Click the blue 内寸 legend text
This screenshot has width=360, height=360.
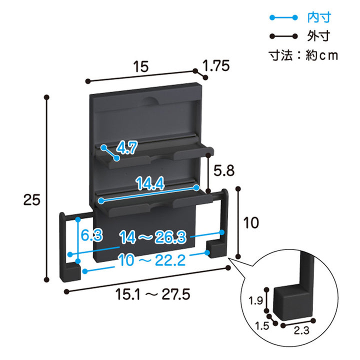point(319,17)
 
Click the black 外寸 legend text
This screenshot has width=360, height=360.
point(318,36)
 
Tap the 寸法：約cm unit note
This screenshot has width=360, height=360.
point(303,55)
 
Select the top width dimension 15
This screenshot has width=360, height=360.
point(141,66)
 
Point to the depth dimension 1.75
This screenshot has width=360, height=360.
point(216,65)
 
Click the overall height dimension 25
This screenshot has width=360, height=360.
point(31,199)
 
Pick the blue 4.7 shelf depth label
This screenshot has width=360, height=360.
point(126,147)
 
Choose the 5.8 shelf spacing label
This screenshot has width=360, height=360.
point(224,171)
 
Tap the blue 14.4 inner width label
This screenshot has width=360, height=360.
point(150,183)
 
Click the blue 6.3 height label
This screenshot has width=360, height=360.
point(91,235)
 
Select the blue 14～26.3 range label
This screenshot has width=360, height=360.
point(152,237)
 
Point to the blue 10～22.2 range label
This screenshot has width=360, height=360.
point(152,260)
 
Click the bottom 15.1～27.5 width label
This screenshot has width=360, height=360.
point(152,294)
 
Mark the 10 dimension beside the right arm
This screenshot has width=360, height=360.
point(251,222)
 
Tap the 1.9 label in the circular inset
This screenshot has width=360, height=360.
point(256,300)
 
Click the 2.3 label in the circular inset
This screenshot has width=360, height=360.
point(301,330)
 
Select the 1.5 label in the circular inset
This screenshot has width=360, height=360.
point(262,326)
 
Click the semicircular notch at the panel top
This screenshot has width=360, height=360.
point(150,100)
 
